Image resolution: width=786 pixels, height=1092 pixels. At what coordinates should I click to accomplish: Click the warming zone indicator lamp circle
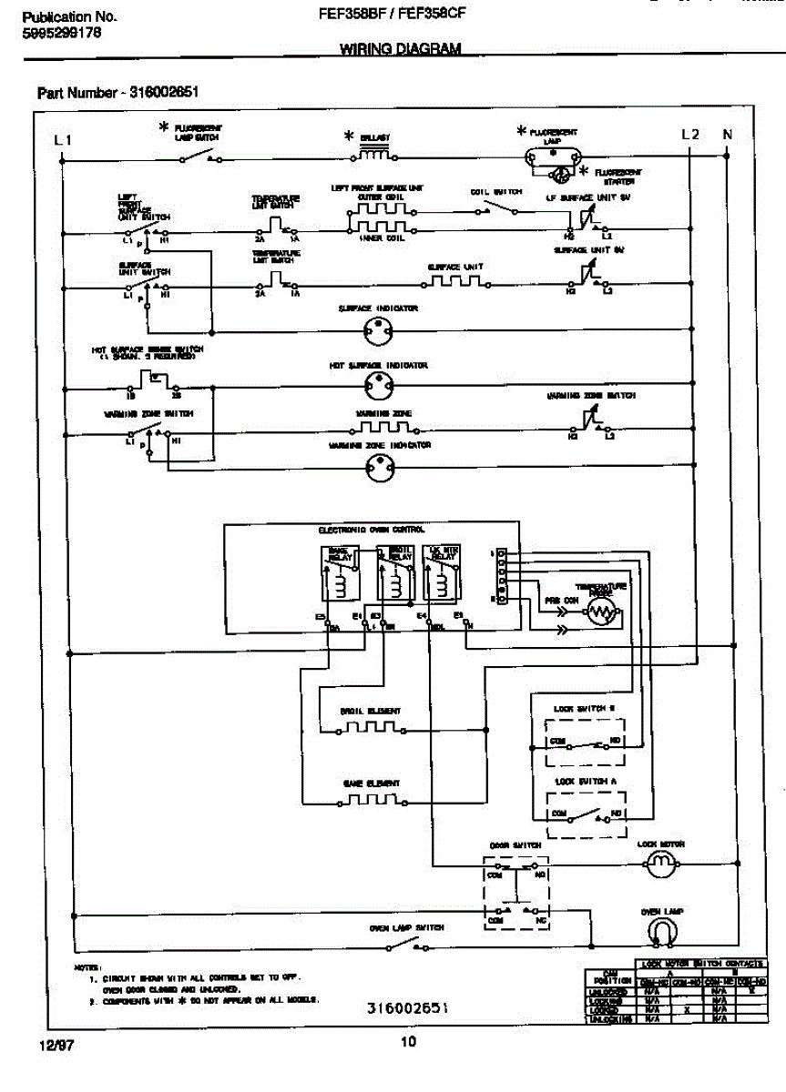click(x=377, y=468)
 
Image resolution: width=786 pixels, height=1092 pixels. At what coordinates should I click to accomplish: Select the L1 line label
click(x=62, y=139)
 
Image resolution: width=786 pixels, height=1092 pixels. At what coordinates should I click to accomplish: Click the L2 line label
click(x=690, y=135)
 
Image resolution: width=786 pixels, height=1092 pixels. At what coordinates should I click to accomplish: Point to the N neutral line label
click(x=727, y=135)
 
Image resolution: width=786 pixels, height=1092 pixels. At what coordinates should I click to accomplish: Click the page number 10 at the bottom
click(x=408, y=1043)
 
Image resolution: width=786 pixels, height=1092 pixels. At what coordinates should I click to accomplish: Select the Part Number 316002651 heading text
click(x=119, y=93)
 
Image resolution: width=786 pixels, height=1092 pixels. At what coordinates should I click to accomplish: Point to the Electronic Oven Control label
click(x=371, y=530)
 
